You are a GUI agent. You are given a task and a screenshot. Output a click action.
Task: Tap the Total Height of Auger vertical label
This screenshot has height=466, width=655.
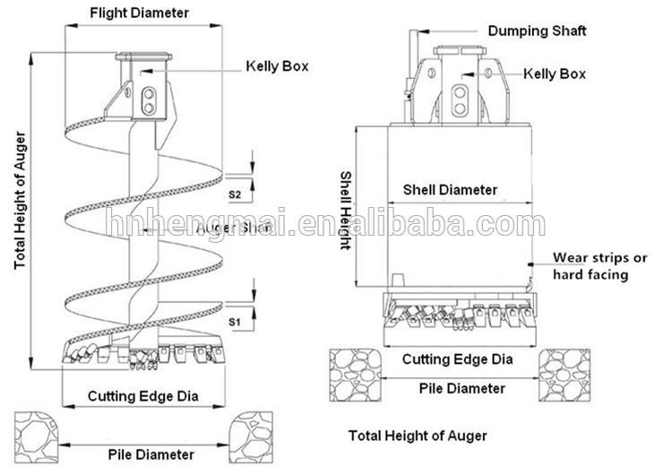(x=19, y=202)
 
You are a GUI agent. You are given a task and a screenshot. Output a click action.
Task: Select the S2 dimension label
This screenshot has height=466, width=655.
(x=236, y=194)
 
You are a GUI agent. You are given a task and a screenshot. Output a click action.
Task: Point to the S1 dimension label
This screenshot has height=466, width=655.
(x=236, y=320)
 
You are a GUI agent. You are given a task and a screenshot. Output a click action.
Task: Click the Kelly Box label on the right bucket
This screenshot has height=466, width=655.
(x=554, y=73)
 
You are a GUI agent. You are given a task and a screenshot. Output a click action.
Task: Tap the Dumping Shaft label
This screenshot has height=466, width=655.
(x=538, y=31)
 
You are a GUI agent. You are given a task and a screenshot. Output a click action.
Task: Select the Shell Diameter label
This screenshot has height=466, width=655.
(x=450, y=190)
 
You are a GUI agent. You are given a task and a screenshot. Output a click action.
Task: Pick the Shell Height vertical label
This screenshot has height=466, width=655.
(x=346, y=211)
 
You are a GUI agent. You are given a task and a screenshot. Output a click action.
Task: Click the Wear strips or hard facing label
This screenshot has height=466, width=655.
(x=599, y=266)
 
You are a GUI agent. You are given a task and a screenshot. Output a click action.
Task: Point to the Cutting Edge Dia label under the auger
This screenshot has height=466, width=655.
(x=142, y=395)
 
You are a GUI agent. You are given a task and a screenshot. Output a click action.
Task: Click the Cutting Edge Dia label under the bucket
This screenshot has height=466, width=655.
(x=457, y=359)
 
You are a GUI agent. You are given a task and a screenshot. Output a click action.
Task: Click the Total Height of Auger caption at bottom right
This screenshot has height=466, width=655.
(x=418, y=436)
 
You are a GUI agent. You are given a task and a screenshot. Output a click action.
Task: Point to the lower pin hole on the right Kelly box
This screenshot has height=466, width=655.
(x=460, y=108)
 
